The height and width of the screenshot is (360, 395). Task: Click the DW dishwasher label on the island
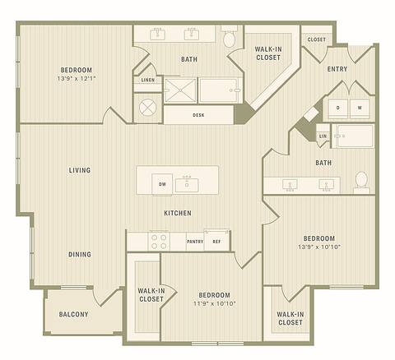click(162, 184)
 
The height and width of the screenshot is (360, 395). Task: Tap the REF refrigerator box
click(217, 242)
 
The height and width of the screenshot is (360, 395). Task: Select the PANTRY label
click(195, 242)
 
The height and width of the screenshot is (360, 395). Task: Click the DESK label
click(198, 115)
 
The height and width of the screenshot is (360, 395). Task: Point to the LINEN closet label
click(147, 80)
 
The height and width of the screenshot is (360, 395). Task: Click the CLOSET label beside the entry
click(316, 39)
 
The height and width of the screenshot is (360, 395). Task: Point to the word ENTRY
click(337, 69)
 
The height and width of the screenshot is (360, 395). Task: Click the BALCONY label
click(74, 315)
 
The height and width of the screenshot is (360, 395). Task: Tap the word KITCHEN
click(178, 213)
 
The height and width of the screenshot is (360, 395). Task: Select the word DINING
click(80, 254)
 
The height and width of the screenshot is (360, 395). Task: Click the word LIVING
click(80, 170)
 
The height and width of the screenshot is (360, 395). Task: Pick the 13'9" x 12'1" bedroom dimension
click(76, 80)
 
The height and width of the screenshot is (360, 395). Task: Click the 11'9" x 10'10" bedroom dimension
click(214, 305)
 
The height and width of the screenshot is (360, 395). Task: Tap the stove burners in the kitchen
click(157, 241)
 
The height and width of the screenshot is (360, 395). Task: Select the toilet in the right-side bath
click(360, 180)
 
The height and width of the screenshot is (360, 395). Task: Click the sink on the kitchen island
click(188, 182)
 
